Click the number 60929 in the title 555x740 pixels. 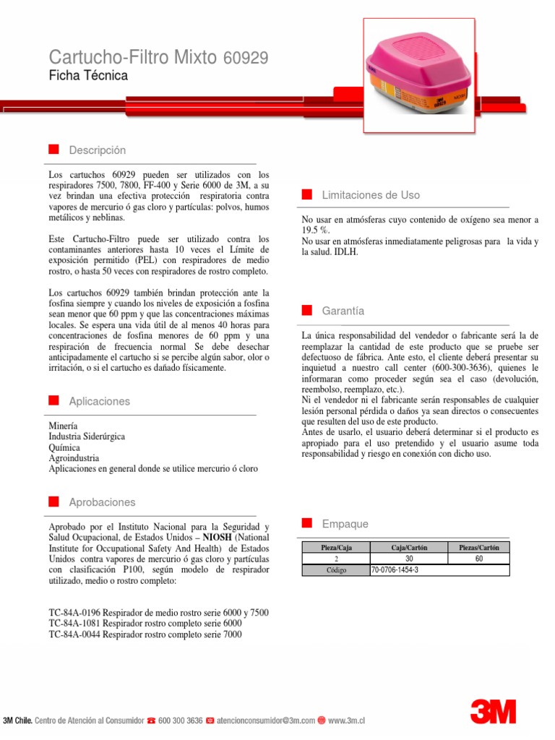(x=245, y=58)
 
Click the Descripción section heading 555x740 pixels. (x=97, y=150)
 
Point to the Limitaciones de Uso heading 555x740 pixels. (x=370, y=195)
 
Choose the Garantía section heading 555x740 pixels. (x=343, y=311)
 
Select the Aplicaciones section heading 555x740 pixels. (x=99, y=401)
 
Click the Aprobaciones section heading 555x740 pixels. (x=102, y=502)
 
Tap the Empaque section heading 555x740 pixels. (x=345, y=524)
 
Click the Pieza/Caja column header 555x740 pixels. (x=336, y=548)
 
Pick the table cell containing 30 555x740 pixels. (x=409, y=559)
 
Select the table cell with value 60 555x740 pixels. (x=478, y=559)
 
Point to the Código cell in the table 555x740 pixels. (x=336, y=570)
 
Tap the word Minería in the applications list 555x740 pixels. (x=63, y=426)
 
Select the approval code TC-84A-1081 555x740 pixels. (x=74, y=624)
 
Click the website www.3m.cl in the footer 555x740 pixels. (x=347, y=720)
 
